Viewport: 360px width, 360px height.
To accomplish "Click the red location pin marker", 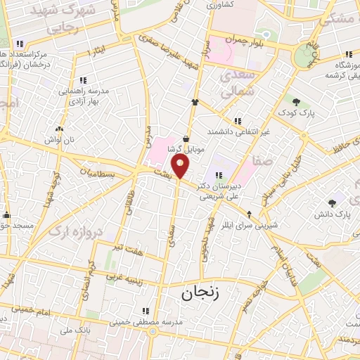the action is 181,167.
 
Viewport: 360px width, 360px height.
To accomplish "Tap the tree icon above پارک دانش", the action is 331,202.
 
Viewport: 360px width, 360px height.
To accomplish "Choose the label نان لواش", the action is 58,140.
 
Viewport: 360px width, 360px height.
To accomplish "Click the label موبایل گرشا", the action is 186,150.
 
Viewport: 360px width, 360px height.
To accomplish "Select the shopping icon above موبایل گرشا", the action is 186,139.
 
